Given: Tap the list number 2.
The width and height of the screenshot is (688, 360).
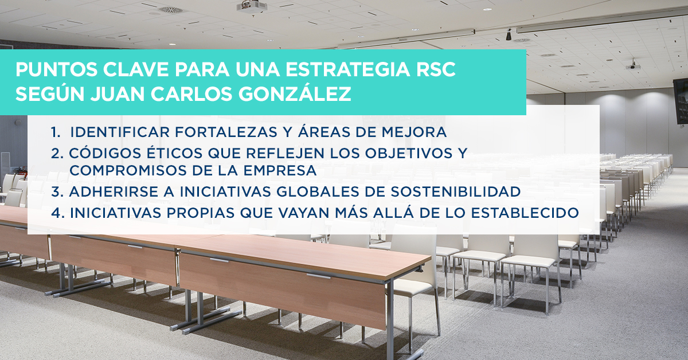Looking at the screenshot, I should click(x=56, y=154).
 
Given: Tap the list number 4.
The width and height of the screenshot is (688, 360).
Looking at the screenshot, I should click(x=56, y=212).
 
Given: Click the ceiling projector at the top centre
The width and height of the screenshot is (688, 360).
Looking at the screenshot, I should click(x=252, y=7).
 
